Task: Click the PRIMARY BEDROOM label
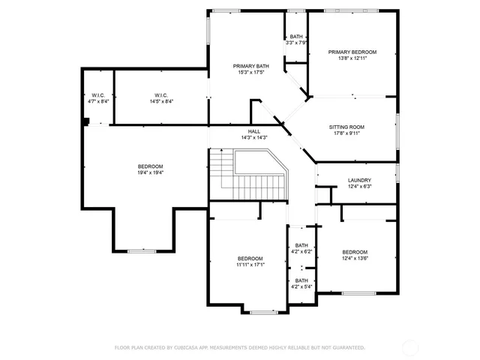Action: [x=352, y=52]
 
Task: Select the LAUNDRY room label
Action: [x=359, y=180]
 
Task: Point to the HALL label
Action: [x=254, y=131]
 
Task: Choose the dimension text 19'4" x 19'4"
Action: [x=150, y=172]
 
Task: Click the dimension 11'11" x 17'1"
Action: [x=250, y=265]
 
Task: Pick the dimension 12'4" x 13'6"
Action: [x=355, y=258]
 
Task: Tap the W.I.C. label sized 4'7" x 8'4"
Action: [x=98, y=101]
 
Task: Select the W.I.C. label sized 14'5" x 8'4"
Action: [x=160, y=101]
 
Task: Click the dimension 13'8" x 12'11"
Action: [x=352, y=58]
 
